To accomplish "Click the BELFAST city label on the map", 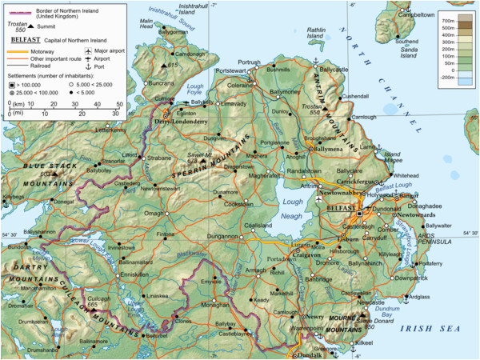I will (x=341, y=206).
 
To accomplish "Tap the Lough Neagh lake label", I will (x=292, y=208).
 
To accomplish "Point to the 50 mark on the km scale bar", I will (x=119, y=104).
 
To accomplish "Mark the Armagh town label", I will (x=255, y=271).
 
